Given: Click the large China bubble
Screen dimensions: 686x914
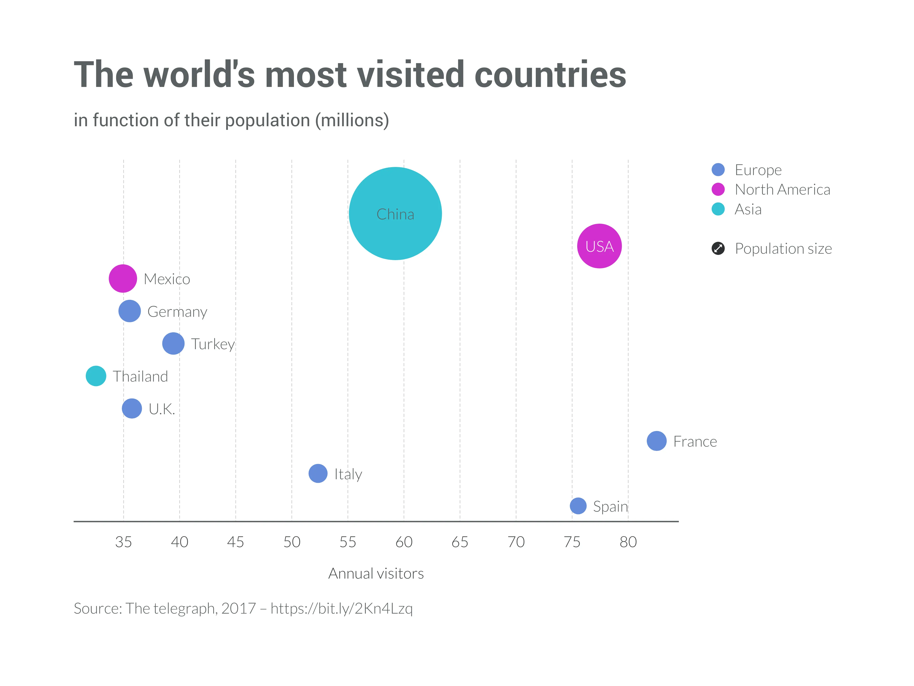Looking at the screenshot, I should point(395,213).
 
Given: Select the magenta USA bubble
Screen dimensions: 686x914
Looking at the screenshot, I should point(599,246).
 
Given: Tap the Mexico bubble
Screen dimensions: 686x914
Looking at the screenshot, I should point(123,278).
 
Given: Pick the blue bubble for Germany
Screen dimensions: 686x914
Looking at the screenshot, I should point(129,311).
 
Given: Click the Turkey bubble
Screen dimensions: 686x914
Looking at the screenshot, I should point(173,343).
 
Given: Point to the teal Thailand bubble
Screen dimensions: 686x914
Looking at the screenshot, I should point(96,376).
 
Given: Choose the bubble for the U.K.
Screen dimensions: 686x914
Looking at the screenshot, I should point(132,409).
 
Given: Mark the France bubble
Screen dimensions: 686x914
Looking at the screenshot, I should point(656,441).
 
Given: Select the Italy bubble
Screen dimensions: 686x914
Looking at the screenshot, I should point(318,474).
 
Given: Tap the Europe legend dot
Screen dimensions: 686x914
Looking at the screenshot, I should point(718,170).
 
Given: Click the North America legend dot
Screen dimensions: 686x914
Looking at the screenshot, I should point(718,189).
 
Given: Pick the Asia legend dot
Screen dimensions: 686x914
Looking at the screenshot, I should point(718,209).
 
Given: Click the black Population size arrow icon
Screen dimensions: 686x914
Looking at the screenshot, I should point(718,248).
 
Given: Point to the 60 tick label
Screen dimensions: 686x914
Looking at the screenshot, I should point(404,542).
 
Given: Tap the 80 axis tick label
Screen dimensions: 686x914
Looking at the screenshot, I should point(628,542).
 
